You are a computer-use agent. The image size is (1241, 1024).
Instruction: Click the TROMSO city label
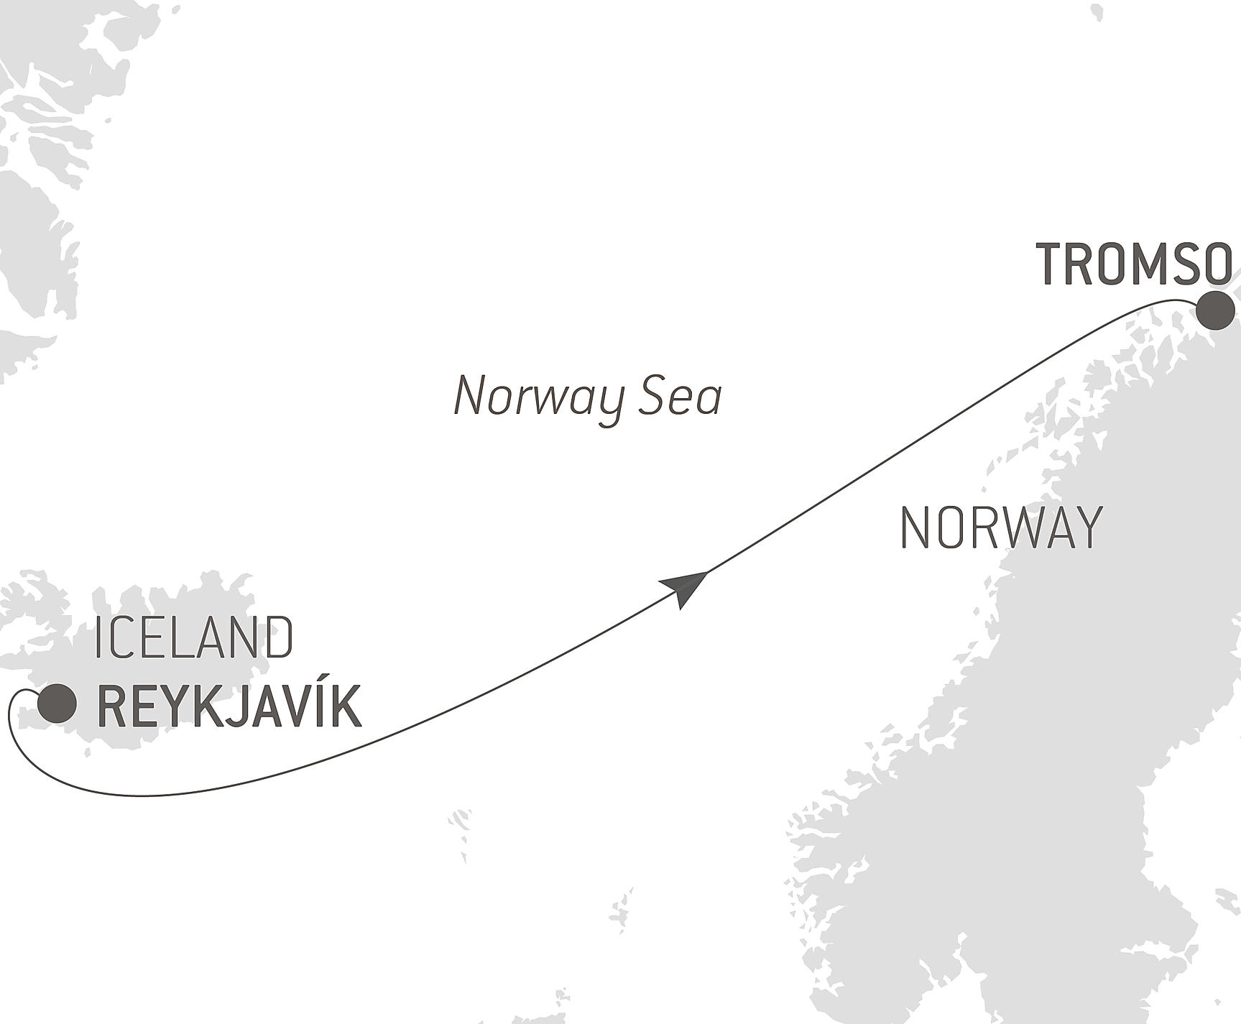pyautogui.click(x=1134, y=264)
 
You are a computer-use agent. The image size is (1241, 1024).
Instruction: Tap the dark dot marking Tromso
pyautogui.click(x=1215, y=310)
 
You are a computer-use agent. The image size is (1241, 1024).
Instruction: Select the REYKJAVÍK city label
pyautogui.click(x=229, y=708)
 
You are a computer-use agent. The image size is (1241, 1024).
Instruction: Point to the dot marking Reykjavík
pyautogui.click(x=57, y=703)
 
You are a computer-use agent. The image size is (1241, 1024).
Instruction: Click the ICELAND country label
pyautogui.click(x=194, y=637)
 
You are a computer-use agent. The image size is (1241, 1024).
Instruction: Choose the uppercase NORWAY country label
pyautogui.click(x=1001, y=528)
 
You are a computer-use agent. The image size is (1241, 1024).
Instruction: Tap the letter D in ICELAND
pyautogui.click(x=280, y=637)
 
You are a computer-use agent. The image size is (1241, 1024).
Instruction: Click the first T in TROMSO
pyautogui.click(x=1050, y=264)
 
